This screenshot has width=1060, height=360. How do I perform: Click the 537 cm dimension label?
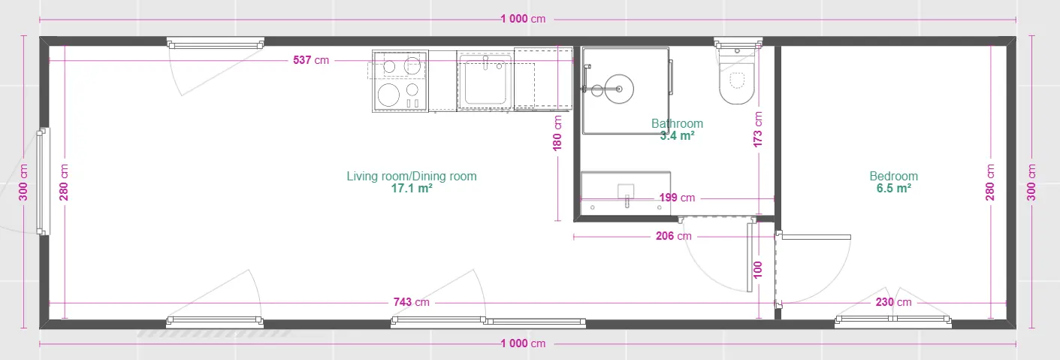coord(311,60)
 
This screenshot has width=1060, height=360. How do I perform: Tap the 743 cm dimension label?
coord(411,302)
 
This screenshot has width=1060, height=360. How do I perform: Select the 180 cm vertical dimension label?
coord(557,133)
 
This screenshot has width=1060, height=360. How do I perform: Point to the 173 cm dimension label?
coord(757,129)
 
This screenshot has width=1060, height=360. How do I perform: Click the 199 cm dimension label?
coord(677,198)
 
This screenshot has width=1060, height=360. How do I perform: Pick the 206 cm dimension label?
coord(673,236)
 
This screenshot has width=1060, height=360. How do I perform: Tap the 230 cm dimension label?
coord(893,302)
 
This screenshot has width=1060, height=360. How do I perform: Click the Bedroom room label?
coord(893,176)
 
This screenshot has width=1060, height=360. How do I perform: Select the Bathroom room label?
coord(677,123)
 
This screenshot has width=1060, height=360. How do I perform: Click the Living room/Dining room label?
coord(411,176)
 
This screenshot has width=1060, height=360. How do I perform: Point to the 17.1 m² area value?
coord(411,189)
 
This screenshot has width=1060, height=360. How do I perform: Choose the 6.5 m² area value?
coord(893,189)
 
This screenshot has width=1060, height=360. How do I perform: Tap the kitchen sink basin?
coord(485,81)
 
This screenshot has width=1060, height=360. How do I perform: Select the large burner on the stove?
coord(388,95)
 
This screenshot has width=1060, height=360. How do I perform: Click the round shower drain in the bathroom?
coord(619,89)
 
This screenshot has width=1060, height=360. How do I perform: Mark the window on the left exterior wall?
coord(43,181)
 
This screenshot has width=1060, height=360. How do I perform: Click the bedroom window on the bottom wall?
coord(893,321)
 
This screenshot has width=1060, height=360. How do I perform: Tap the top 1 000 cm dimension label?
coord(523,19)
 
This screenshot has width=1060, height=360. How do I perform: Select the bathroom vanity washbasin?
coord(626,193)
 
